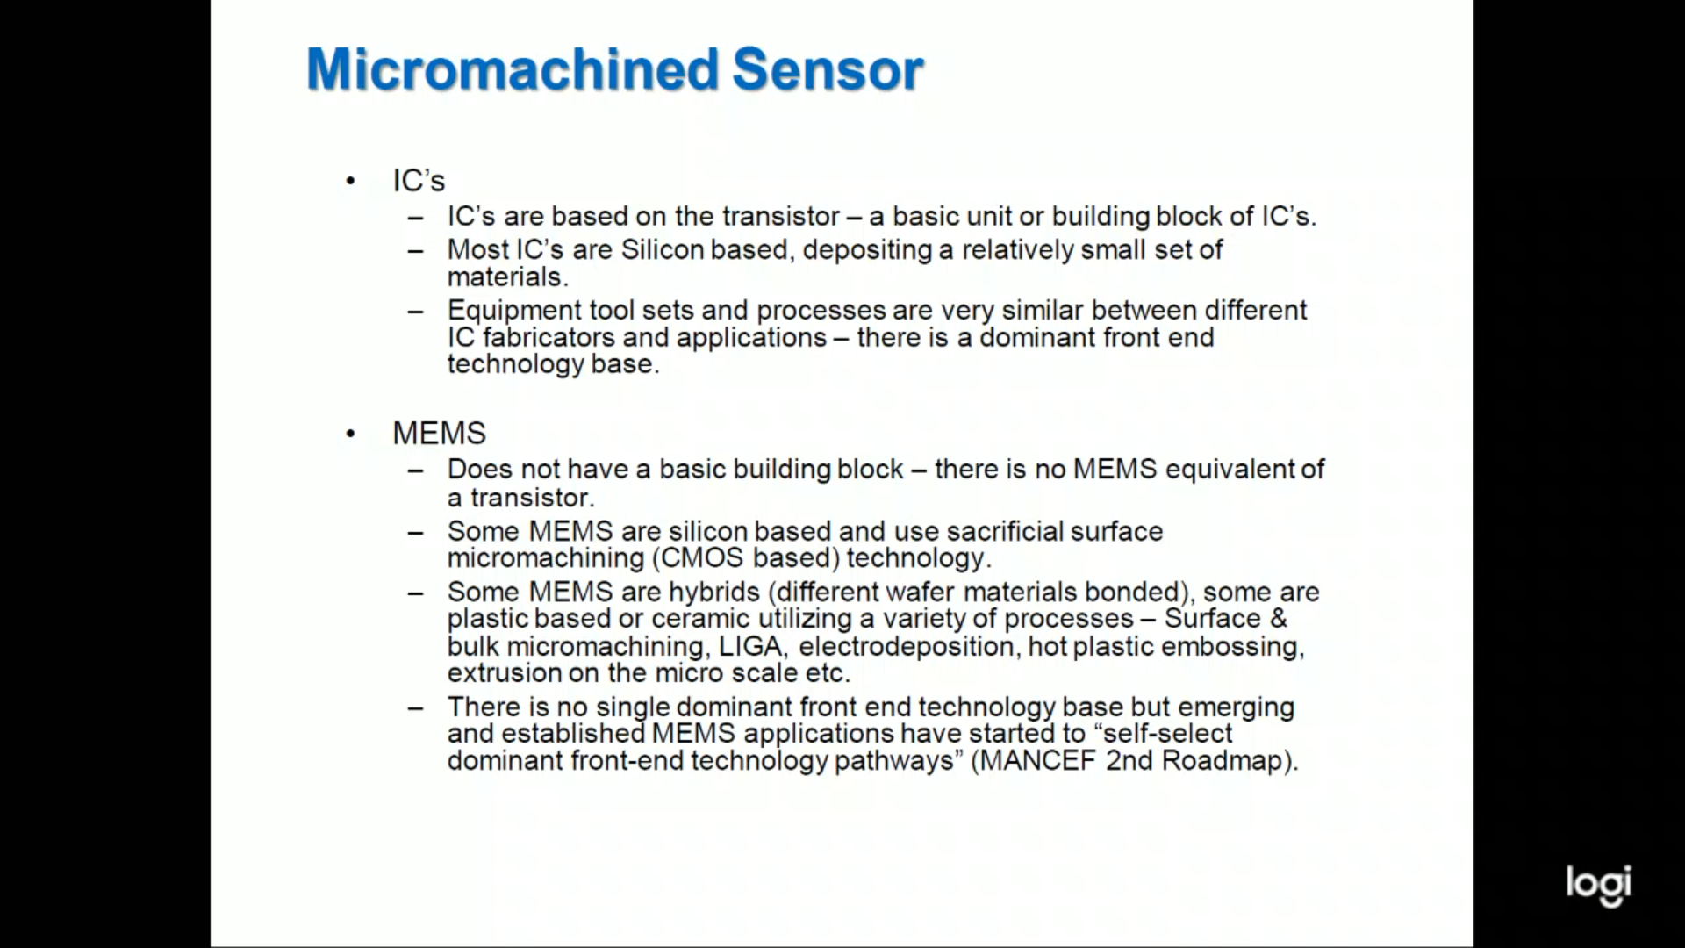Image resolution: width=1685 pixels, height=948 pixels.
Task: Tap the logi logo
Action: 1598,885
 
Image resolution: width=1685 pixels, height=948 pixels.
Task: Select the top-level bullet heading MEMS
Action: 439,433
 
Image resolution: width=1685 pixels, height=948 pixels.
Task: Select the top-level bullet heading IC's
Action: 419,181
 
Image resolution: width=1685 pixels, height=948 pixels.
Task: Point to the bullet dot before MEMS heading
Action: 351,434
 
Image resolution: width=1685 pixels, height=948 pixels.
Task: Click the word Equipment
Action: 510,312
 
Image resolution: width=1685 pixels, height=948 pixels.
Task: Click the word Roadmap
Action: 1226,761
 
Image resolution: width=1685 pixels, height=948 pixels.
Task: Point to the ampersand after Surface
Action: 1278,619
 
